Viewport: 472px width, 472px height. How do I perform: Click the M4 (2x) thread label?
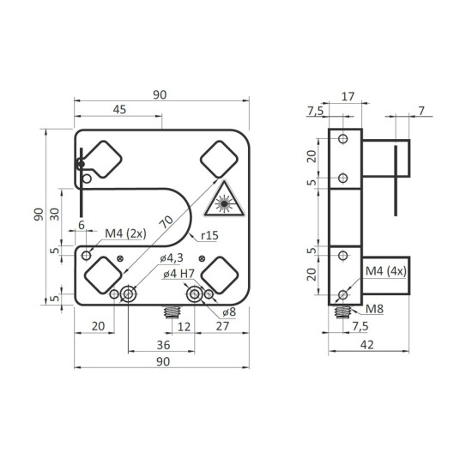pyautogui.click(x=125, y=233)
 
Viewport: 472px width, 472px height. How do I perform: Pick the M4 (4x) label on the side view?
pyautogui.click(x=384, y=272)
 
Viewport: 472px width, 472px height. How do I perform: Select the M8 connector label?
pyautogui.click(x=375, y=308)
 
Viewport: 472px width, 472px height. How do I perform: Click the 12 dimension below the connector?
pyautogui.click(x=182, y=325)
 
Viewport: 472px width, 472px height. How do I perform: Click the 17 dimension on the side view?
pyautogui.click(x=348, y=97)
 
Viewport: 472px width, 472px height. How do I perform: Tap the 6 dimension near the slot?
pyautogui.click(x=82, y=224)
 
